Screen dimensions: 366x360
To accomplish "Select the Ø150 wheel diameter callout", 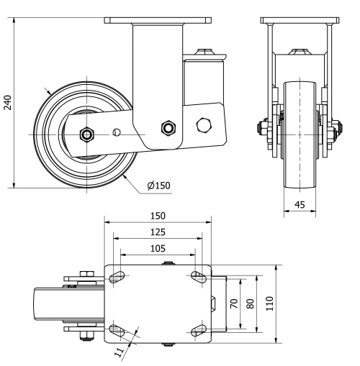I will coord(158,186).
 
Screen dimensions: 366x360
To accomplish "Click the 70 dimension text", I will coord(233,304).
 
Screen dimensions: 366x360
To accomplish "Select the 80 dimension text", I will coord(250,304).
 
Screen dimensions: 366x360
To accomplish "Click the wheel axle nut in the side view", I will coord(86,133).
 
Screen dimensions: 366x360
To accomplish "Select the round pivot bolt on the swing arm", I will coord(168,128).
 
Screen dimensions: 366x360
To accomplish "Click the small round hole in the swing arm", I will coord(116,132).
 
